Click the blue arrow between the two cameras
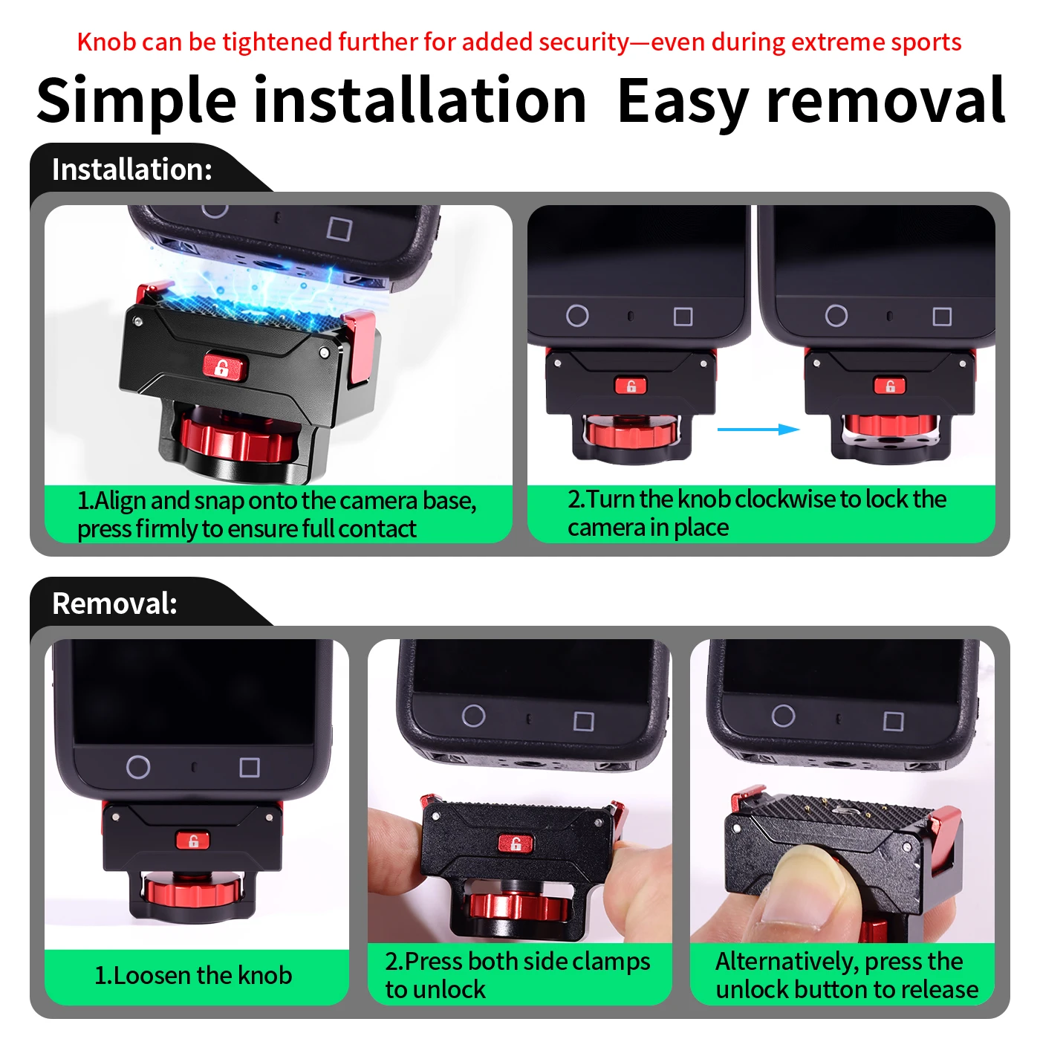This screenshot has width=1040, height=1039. [758, 430]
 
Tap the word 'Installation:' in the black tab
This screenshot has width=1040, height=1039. [132, 169]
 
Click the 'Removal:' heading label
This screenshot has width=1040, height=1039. [114, 603]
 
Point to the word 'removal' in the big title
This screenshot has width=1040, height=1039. [885, 100]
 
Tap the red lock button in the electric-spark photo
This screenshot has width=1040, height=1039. [224, 367]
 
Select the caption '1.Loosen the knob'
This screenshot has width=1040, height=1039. [193, 975]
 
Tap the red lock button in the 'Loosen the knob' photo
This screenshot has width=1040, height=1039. [193, 841]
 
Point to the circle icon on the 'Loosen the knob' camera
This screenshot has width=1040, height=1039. [138, 767]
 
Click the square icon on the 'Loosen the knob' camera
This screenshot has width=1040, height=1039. [250, 768]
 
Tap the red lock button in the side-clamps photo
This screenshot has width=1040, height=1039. [515, 843]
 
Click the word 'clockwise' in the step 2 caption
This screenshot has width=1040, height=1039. [785, 499]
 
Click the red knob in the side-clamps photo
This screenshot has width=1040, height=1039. [519, 906]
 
